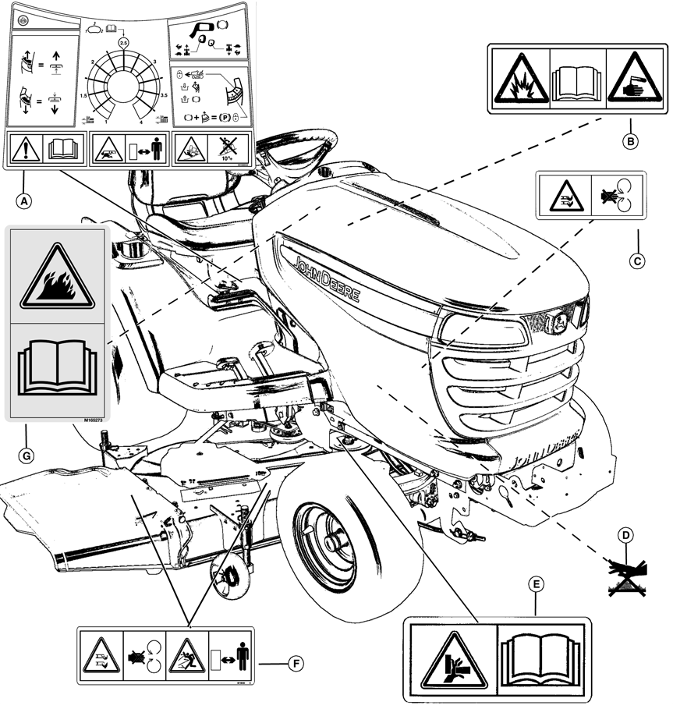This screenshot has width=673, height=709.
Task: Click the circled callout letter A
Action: [26, 200]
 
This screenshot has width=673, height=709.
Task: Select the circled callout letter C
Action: [637, 261]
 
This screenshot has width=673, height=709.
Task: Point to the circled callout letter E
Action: [535, 583]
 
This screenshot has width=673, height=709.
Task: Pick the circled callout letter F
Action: [295, 664]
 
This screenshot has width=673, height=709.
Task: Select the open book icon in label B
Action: [578, 81]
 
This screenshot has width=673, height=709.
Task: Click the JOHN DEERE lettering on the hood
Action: [327, 278]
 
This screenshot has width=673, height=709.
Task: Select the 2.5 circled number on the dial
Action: [122, 42]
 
